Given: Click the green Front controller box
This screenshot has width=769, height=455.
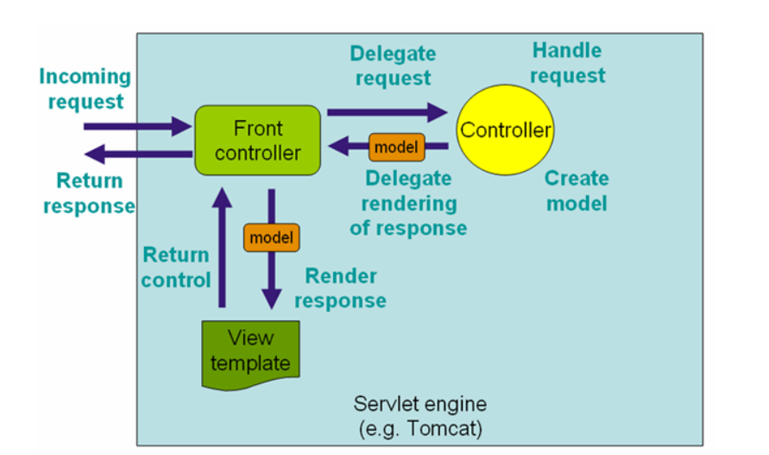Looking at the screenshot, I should pyautogui.click(x=257, y=141).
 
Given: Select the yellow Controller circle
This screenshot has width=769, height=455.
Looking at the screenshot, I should pyautogui.click(x=505, y=130).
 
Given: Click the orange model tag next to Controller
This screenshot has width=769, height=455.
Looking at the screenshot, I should pyautogui.click(x=396, y=147).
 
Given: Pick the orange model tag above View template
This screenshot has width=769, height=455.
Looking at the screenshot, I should pyautogui.click(x=271, y=237).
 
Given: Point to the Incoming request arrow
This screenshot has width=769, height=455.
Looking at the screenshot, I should pyautogui.click(x=138, y=127).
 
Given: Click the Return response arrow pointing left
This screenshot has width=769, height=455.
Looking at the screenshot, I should pyautogui.click(x=138, y=155).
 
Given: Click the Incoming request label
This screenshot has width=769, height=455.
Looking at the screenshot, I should pyautogui.click(x=85, y=88).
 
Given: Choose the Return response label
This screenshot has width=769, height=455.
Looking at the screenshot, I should pyautogui.click(x=89, y=193).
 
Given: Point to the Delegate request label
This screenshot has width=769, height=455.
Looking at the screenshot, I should pyautogui.click(x=392, y=66).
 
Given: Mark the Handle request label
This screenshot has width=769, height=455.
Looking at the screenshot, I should pyautogui.click(x=567, y=62).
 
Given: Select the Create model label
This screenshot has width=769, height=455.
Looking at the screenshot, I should pyautogui.click(x=577, y=191).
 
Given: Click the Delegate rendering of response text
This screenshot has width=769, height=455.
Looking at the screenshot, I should pyautogui.click(x=408, y=203).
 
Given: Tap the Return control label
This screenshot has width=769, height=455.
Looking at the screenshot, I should pyautogui.click(x=176, y=267).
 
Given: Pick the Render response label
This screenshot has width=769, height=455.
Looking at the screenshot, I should pyautogui.click(x=340, y=288).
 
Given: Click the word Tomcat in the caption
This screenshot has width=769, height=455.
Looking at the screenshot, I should pyautogui.click(x=444, y=426).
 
